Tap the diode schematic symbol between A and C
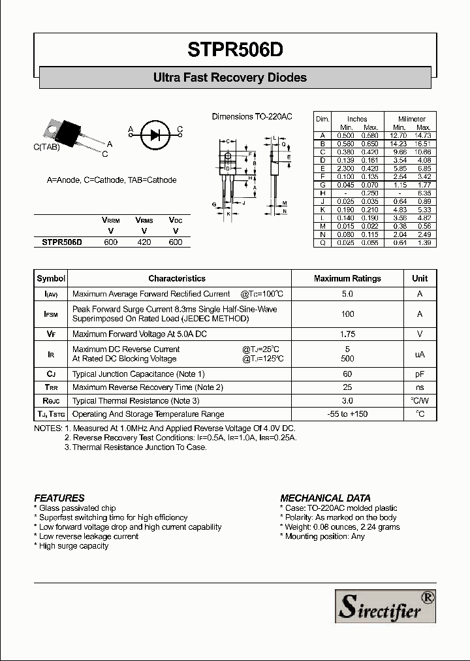point(155,135)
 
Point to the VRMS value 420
point(144,242)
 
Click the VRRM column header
point(110,221)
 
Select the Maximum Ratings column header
point(347,278)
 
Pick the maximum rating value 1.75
point(347,334)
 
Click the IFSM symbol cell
point(51,314)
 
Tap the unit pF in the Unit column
point(420,374)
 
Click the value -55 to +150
point(347,414)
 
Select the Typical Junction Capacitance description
point(138,374)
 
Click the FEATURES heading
point(59,498)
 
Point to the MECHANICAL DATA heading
point(325,498)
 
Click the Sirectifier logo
point(385,605)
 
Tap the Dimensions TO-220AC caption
point(252,117)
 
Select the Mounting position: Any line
point(322,536)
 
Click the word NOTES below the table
point(48,428)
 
